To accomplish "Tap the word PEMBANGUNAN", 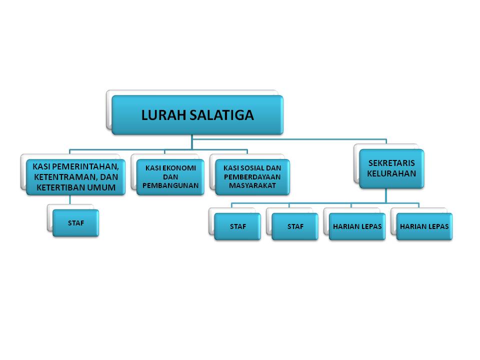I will click(x=170, y=185).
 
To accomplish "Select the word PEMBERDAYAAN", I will click(x=252, y=177).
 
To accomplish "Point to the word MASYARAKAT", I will click(x=252, y=185).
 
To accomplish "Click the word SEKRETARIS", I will click(x=391, y=163).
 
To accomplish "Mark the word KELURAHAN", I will click(x=391, y=173).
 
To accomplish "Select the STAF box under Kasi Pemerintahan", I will click(x=75, y=223).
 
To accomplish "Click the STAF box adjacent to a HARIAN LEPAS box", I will click(x=295, y=226).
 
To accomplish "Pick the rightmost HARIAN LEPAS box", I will click(x=424, y=226).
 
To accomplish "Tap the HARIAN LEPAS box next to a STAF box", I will click(x=357, y=226).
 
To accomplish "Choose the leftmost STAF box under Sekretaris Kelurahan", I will click(x=237, y=226).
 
